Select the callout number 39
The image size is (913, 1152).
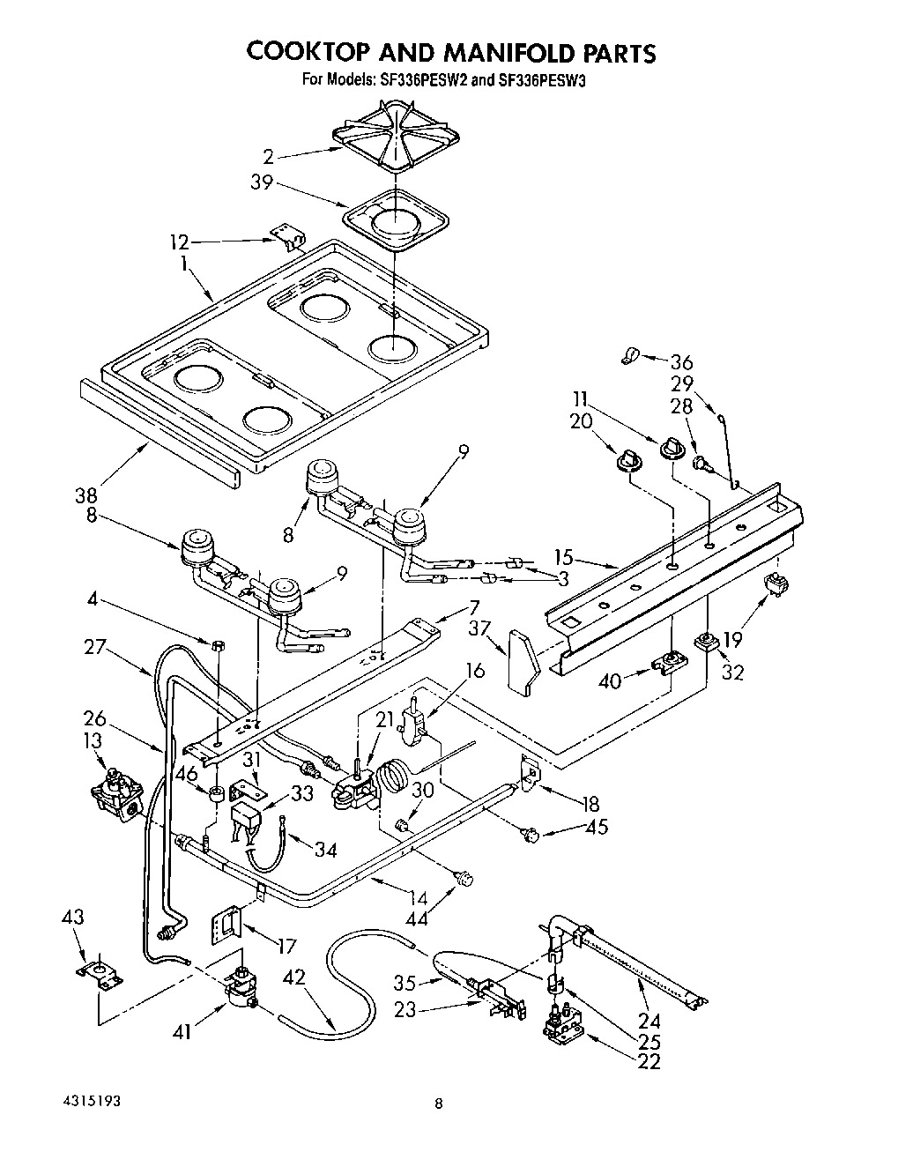[x=263, y=183]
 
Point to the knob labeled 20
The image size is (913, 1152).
[x=627, y=458]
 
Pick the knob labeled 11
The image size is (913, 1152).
[x=674, y=449]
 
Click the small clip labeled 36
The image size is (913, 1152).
[x=628, y=355]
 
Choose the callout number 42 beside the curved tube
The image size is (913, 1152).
[x=295, y=978]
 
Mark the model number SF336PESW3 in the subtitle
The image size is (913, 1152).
[x=539, y=79]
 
